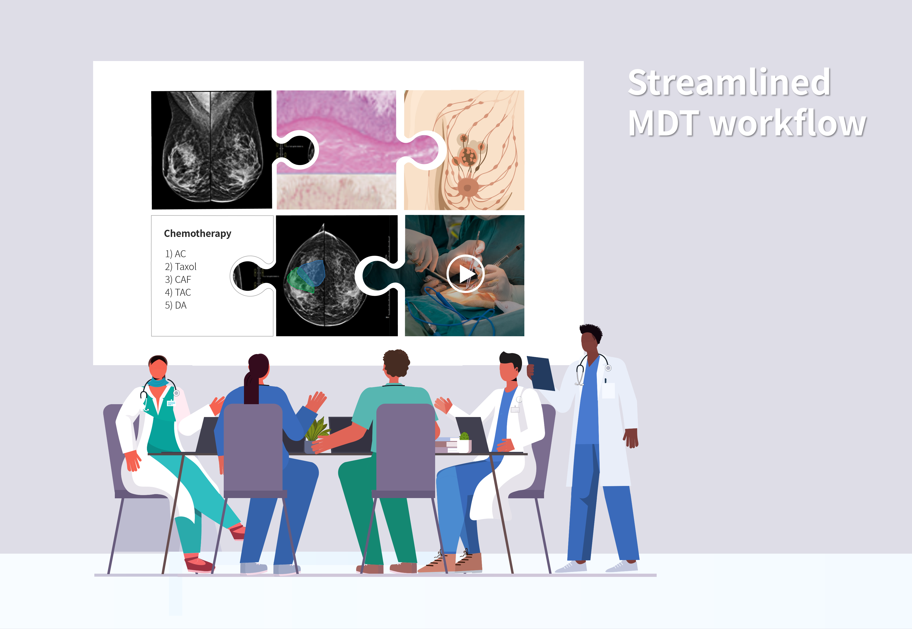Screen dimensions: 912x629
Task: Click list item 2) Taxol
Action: [x=181, y=267]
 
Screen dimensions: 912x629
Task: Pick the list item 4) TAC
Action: [x=178, y=293]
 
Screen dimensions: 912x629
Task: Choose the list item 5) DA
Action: [x=176, y=305]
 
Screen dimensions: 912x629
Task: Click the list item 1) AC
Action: [x=175, y=254]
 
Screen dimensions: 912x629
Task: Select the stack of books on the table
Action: [x=447, y=444]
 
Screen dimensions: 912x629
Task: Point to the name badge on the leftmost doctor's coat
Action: [x=171, y=403]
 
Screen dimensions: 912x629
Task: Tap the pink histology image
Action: [x=336, y=150]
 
